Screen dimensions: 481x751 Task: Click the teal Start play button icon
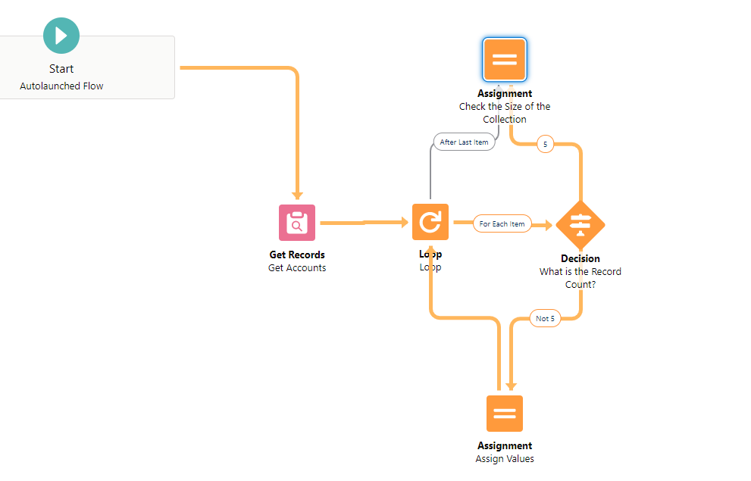[61, 36]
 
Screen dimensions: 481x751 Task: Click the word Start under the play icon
[61, 69]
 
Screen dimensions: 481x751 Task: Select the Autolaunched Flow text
[61, 86]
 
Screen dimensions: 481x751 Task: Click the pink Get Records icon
[297, 223]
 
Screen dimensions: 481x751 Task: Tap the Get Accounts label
[297, 268]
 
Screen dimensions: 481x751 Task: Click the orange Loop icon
[430, 223]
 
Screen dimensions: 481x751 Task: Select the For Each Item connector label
[502, 224]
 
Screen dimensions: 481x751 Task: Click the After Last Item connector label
[464, 142]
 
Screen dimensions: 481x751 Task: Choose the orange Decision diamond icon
[580, 223]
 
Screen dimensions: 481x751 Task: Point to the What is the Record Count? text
[580, 278]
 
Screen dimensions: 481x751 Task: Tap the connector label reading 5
[546, 144]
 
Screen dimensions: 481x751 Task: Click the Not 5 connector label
[545, 319]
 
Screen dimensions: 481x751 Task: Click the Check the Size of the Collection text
[505, 113]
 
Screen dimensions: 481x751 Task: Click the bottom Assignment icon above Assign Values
[505, 414]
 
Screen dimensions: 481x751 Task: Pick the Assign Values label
[505, 459]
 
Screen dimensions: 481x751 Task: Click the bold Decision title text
[580, 259]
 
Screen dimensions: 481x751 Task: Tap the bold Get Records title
[297, 255]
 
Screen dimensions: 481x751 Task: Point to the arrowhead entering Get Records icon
[297, 196]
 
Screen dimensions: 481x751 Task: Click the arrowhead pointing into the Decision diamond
[547, 224]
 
